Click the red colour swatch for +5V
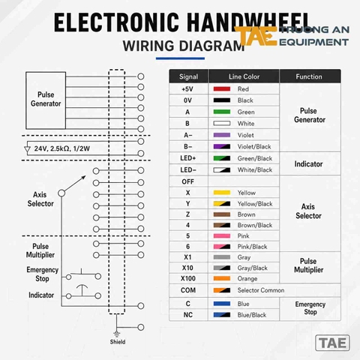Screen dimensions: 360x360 tap(222, 89)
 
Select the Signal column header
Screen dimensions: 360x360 tap(188, 76)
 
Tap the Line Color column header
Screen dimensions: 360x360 tap(244, 76)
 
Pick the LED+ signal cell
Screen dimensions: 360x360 tap(188, 158)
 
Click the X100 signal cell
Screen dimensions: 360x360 tap(188, 278)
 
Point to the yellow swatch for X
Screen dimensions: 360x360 tap(222, 193)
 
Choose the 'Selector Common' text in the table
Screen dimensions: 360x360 tap(261, 290)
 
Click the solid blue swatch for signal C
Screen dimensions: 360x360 tap(222, 304)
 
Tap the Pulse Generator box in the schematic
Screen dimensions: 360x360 tap(46, 100)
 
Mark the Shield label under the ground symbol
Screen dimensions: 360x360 tap(118, 342)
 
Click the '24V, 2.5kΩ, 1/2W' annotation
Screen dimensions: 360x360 tap(62, 148)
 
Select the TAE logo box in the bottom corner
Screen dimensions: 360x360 tap(332, 343)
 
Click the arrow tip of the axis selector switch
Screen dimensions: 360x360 tap(85, 176)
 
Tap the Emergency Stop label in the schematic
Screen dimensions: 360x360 tap(42, 274)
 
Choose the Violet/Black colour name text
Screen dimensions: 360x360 tap(254, 147)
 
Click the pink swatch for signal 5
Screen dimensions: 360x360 tap(222, 236)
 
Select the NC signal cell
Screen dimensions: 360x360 tap(188, 315)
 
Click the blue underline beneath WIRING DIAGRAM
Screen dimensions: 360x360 tap(180, 58)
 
